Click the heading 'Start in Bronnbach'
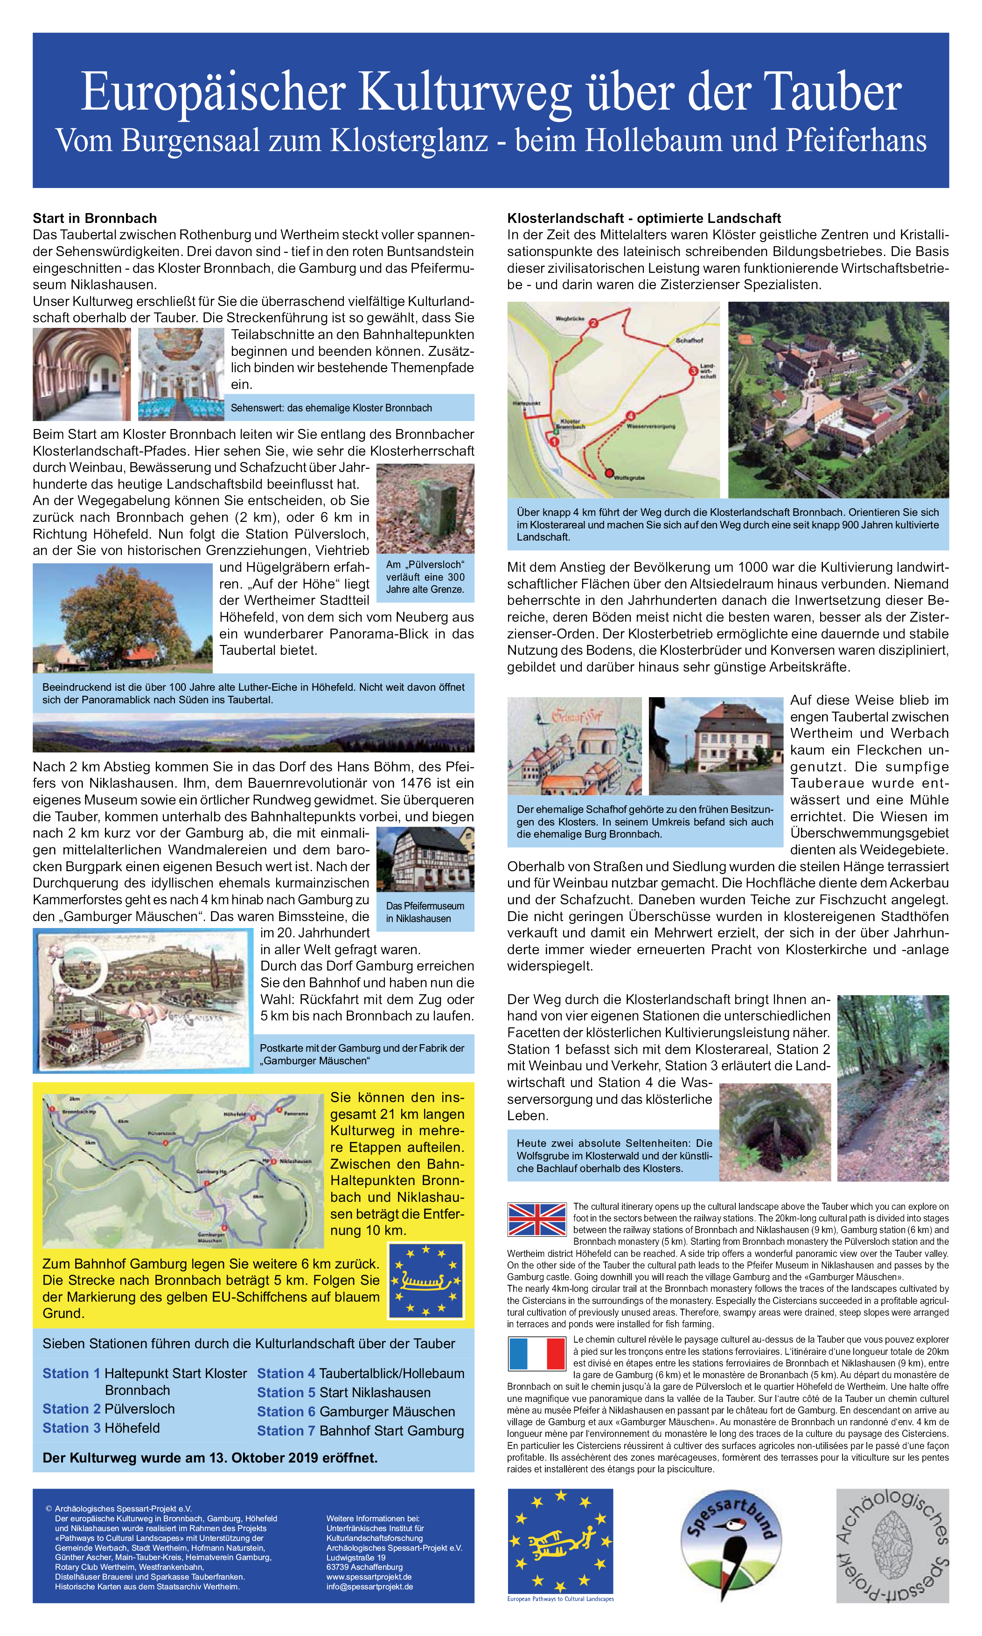coord(95,218)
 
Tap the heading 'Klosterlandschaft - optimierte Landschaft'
coord(643,218)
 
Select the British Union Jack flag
coord(536,1219)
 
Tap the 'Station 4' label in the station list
coord(286,1373)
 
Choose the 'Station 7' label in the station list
coord(286,1430)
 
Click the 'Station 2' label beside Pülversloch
coord(71,1408)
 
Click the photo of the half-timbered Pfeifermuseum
coord(425,858)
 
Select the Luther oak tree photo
coord(122,617)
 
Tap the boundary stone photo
coord(425,508)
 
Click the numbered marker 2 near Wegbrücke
coord(593,323)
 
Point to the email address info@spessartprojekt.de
coord(369,1587)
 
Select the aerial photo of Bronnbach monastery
coord(838,400)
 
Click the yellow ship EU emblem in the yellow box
coord(426,1281)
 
